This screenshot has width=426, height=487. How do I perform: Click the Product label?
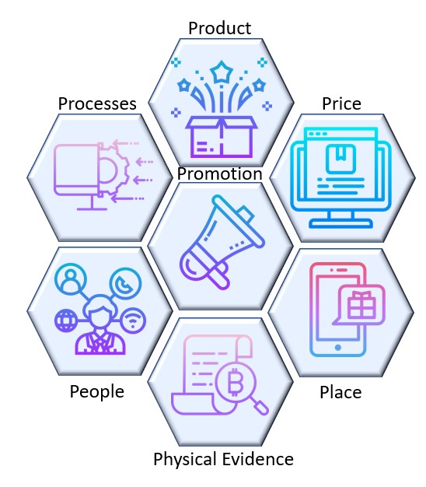click(220, 28)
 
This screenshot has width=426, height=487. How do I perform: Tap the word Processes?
click(97, 103)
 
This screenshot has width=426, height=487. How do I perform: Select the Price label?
click(341, 103)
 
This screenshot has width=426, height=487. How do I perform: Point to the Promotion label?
click(220, 173)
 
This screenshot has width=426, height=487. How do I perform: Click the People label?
click(97, 392)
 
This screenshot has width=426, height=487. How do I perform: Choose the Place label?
click(340, 392)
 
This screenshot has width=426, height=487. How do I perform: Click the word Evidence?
click(258, 459)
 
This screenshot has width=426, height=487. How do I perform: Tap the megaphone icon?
click(222, 242)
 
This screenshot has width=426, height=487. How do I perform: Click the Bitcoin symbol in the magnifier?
click(236, 382)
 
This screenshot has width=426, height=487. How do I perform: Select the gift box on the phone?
click(361, 305)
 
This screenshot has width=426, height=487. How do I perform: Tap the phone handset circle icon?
click(125, 283)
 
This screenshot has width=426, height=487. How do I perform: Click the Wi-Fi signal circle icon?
click(133, 321)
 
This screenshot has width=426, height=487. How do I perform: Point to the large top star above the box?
click(222, 72)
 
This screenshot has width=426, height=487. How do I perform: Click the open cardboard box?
click(222, 137)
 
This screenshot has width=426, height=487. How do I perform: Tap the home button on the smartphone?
click(338, 347)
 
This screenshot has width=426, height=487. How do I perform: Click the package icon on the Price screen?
click(340, 159)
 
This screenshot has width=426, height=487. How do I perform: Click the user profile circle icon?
click(71, 279)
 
